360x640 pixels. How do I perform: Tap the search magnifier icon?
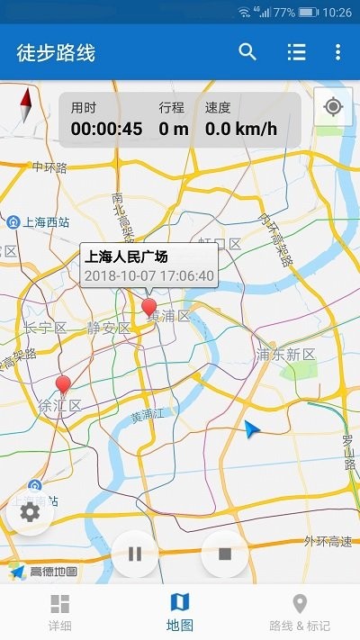[247, 52]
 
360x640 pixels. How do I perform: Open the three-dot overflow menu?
[337, 52]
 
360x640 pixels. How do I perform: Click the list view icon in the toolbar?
[296, 52]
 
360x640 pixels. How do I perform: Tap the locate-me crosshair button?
[333, 108]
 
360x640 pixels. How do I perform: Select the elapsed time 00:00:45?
[106, 129]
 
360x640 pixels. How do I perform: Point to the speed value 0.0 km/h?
[240, 129]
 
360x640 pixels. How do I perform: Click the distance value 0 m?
[173, 129]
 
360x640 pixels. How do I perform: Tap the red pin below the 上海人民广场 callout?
[149, 308]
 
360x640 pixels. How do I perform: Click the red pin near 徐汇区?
[63, 385]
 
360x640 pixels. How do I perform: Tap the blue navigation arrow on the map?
[252, 430]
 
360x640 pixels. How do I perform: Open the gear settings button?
[30, 512]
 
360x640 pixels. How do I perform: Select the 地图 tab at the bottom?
[180, 611]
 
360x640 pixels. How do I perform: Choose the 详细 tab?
[59, 611]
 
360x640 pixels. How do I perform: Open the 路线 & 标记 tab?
[300, 611]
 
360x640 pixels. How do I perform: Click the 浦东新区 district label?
[286, 355]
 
